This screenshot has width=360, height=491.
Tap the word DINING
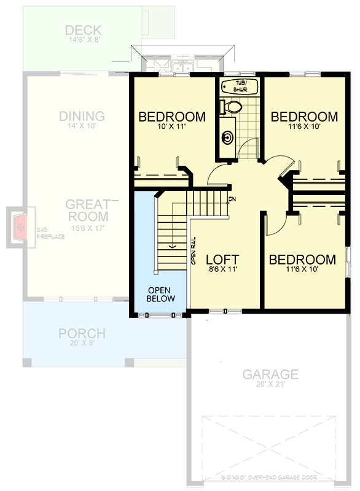click(82, 116)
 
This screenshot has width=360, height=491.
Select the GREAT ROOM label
click(87, 211)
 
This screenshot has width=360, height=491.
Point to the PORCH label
click(82, 334)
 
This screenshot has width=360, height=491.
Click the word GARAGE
click(270, 374)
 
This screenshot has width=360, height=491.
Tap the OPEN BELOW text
click(160, 294)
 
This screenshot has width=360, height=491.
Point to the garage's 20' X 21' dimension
click(270, 385)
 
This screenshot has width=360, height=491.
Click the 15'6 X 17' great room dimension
click(87, 228)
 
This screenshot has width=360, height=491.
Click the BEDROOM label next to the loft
click(302, 259)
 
